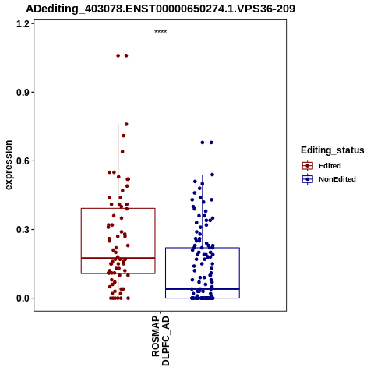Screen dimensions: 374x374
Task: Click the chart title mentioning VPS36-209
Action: click(x=161, y=9)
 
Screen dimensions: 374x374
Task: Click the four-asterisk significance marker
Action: click(x=161, y=32)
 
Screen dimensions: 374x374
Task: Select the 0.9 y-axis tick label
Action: click(x=23, y=93)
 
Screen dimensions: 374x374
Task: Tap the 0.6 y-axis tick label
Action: click(x=23, y=161)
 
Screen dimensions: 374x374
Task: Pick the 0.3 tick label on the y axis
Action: click(x=23, y=230)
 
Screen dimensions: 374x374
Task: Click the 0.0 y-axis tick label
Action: click(x=23, y=298)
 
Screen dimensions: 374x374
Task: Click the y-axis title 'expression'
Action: click(x=9, y=165)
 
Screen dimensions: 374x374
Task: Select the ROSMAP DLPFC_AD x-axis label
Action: click(x=161, y=340)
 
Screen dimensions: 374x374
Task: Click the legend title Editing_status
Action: click(x=333, y=150)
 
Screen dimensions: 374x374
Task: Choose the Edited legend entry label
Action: click(x=330, y=166)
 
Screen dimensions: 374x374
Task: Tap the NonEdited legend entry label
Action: click(x=337, y=179)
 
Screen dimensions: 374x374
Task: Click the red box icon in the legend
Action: click(x=308, y=166)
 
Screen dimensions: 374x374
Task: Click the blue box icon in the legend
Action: click(x=308, y=179)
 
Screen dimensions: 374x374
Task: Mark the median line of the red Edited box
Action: click(x=118, y=258)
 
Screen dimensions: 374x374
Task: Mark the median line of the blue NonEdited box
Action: click(x=203, y=289)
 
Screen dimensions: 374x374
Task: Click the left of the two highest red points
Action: click(x=118, y=55)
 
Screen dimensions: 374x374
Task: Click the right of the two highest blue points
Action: click(x=211, y=143)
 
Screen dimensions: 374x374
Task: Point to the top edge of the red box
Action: click(x=118, y=208)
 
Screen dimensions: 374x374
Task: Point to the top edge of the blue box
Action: click(x=203, y=248)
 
